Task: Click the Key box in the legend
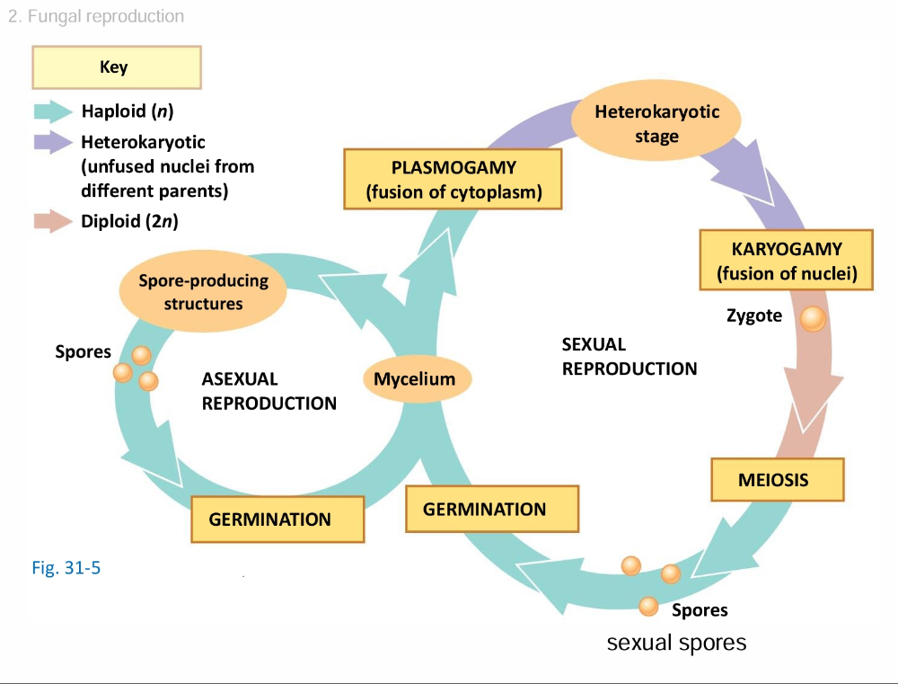click(116, 67)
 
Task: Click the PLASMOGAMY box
click(453, 179)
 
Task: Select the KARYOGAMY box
click(787, 260)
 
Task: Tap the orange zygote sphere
click(813, 319)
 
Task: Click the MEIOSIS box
click(777, 480)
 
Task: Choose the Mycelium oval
click(414, 378)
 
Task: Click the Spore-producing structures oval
click(203, 291)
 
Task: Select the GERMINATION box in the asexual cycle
click(277, 519)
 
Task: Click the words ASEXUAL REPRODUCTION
click(269, 391)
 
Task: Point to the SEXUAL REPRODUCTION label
click(629, 356)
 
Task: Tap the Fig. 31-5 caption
click(66, 568)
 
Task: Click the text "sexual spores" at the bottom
click(676, 643)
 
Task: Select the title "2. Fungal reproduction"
click(95, 16)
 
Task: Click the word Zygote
click(754, 315)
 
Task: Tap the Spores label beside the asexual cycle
click(83, 351)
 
